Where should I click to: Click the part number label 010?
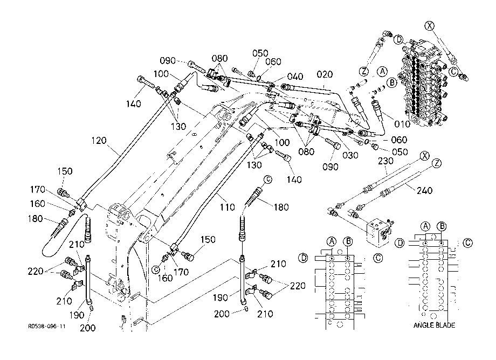pyautogui.click(x=402, y=124)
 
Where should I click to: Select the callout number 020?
pyautogui.click(x=325, y=74)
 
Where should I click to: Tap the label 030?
pyautogui.click(x=350, y=155)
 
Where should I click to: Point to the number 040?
pyautogui.click(x=295, y=77)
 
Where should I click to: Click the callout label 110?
pyautogui.click(x=227, y=207)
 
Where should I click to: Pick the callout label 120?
pyautogui.click(x=99, y=141)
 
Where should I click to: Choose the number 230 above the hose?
pyautogui.click(x=385, y=161)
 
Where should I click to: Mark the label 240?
pyautogui.click(x=424, y=190)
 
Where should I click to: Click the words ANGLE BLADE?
pyautogui.click(x=434, y=325)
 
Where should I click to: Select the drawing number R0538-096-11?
pyautogui.click(x=47, y=326)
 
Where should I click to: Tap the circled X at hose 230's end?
pyautogui.click(x=424, y=156)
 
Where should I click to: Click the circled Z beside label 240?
pyautogui.click(x=437, y=163)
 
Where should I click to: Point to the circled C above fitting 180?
pyautogui.click(x=267, y=179)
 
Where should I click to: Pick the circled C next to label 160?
pyautogui.click(x=156, y=269)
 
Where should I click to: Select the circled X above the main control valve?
pyautogui.click(x=429, y=26)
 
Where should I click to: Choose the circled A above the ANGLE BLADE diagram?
pyautogui.click(x=425, y=226)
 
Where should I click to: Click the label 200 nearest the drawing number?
pyautogui.click(x=88, y=328)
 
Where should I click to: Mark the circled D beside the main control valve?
pyautogui.click(x=399, y=40)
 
